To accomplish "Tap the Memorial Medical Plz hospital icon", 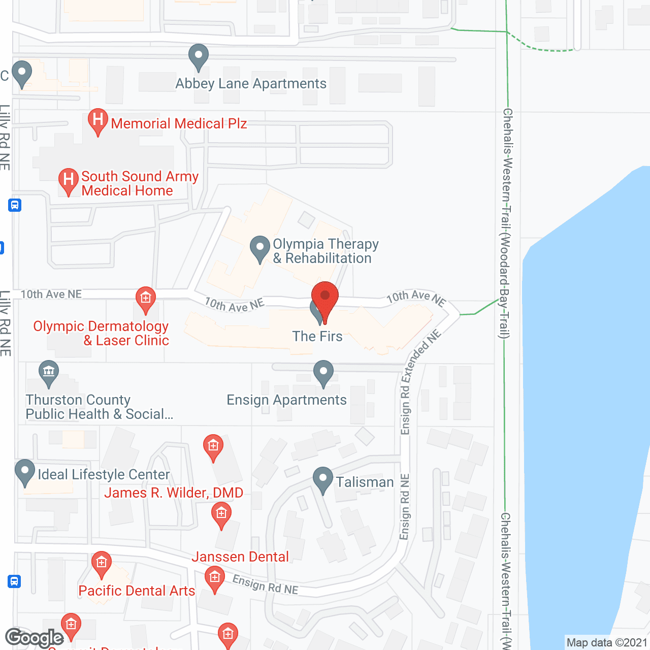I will coord(97,121).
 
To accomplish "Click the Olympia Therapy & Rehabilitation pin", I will coord(260,248).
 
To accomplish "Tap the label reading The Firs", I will coord(317,336).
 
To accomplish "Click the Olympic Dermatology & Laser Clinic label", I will coord(101,333).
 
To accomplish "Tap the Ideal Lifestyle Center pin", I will coord(25,472).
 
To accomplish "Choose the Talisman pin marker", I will coord(322,479).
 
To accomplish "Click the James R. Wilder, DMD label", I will coord(174,493).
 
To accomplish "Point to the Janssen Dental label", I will coord(240,557).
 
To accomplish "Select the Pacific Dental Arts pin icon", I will coord(102,563).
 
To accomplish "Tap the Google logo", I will coord(35,638).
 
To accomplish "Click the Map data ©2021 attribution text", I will coord(607,642).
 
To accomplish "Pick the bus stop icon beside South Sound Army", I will coord(15,206).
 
